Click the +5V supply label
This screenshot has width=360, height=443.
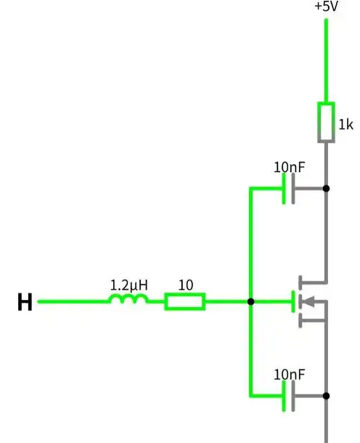(326, 7)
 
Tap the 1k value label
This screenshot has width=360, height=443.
(345, 124)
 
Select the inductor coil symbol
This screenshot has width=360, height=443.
(128, 298)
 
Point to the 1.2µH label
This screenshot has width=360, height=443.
(128, 285)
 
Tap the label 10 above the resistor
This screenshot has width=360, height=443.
(186, 285)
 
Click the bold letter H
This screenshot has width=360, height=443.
(25, 301)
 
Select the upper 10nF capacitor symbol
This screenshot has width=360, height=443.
(289, 188)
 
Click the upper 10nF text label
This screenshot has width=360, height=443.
(290, 167)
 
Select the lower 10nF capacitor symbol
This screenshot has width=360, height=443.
(289, 396)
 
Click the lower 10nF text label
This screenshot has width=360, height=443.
(290, 375)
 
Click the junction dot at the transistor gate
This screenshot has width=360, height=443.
(250, 301)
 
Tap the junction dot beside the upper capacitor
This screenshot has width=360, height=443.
(326, 188)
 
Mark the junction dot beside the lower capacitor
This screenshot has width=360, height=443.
(326, 396)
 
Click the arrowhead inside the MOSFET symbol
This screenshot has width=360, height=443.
(308, 301)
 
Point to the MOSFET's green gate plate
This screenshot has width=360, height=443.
(293, 301)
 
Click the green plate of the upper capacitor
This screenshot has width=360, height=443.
(284, 188)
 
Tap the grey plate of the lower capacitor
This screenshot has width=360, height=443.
(293, 396)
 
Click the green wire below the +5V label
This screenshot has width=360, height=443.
(326, 60)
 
